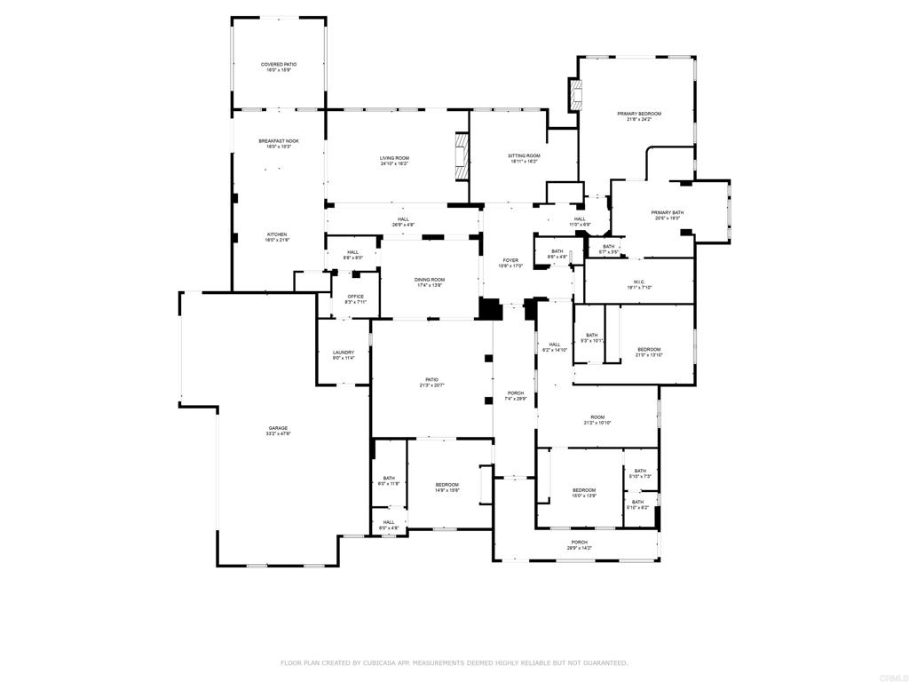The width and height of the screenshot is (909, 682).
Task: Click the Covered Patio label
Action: click(278, 67)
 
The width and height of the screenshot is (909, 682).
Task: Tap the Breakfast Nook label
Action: click(278, 143)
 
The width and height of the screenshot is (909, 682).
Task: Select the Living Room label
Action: click(394, 160)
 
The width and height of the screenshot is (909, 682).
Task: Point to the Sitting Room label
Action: click(525, 158)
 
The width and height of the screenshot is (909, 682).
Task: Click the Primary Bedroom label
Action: click(639, 116)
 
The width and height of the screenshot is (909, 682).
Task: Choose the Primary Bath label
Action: click(667, 215)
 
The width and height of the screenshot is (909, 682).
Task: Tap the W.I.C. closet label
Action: click(639, 284)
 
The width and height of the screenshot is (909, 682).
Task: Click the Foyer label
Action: click(510, 263)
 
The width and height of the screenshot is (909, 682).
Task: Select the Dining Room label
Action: click(430, 282)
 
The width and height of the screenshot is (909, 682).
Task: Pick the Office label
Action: click(355, 299)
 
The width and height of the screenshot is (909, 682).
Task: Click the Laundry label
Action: click(343, 355)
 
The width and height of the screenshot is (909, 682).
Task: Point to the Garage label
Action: click(278, 431)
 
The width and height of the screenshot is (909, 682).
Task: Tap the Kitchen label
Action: click(278, 237)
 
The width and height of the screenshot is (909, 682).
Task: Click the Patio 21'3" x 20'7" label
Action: click(431, 382)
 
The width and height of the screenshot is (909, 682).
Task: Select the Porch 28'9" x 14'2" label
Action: click(579, 544)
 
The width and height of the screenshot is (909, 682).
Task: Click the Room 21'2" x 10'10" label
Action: click(597, 419)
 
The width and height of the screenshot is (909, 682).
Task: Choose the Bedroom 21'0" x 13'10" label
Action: click(649, 352)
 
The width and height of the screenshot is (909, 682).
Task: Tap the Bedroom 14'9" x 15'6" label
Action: click(447, 487)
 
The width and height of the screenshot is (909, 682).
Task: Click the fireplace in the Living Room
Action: click(460, 157)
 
